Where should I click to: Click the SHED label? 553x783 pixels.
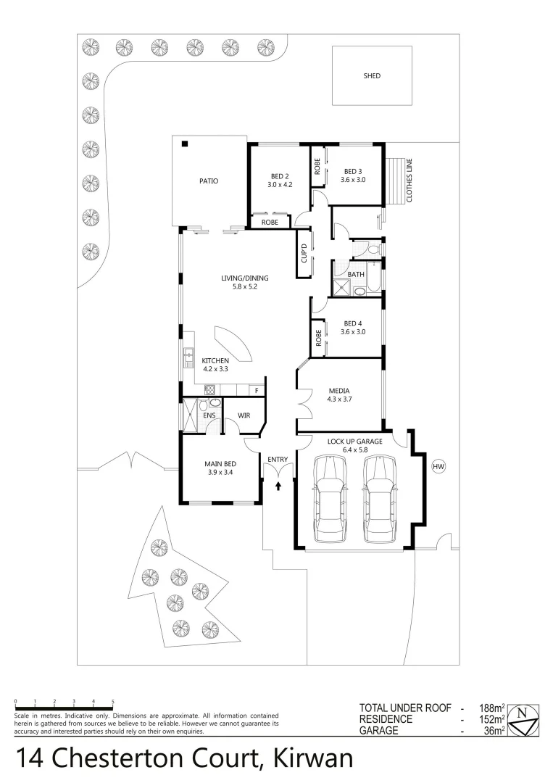point(372,75)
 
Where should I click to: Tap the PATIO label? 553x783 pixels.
point(209,181)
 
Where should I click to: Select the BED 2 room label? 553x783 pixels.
point(280,176)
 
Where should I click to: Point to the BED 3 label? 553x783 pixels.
point(354,171)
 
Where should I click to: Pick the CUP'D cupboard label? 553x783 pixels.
point(304,254)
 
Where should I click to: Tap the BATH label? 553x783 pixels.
point(355,274)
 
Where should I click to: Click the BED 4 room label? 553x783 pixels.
point(354,327)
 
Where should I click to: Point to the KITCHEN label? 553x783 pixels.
point(215,360)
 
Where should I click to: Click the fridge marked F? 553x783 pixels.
point(256,391)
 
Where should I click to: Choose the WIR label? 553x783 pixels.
point(244,415)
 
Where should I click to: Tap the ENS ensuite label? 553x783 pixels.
point(209,415)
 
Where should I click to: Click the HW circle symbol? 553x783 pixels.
point(438,467)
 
